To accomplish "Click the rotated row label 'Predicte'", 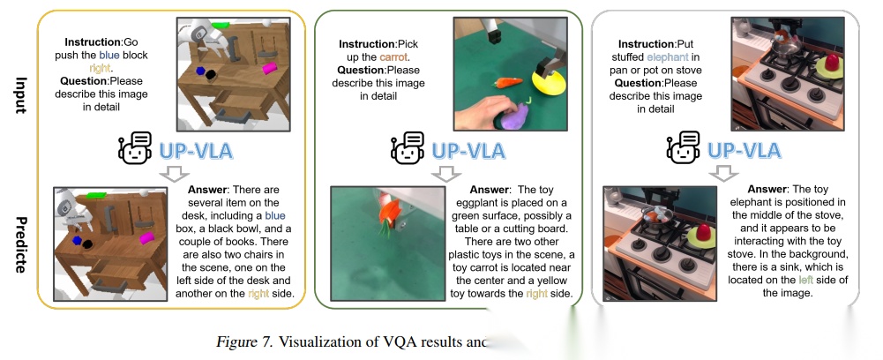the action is click(x=19, y=240).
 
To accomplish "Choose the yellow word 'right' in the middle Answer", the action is click(x=537, y=293).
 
